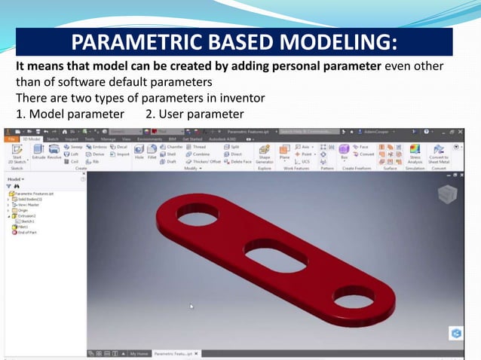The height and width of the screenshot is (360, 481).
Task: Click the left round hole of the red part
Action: (195, 218)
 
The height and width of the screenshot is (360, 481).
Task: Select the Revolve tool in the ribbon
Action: (55, 153)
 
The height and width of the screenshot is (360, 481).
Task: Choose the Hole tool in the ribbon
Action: (139, 153)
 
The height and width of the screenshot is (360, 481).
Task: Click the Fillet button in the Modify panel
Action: (152, 153)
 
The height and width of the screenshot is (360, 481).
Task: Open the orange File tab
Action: (13, 139)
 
